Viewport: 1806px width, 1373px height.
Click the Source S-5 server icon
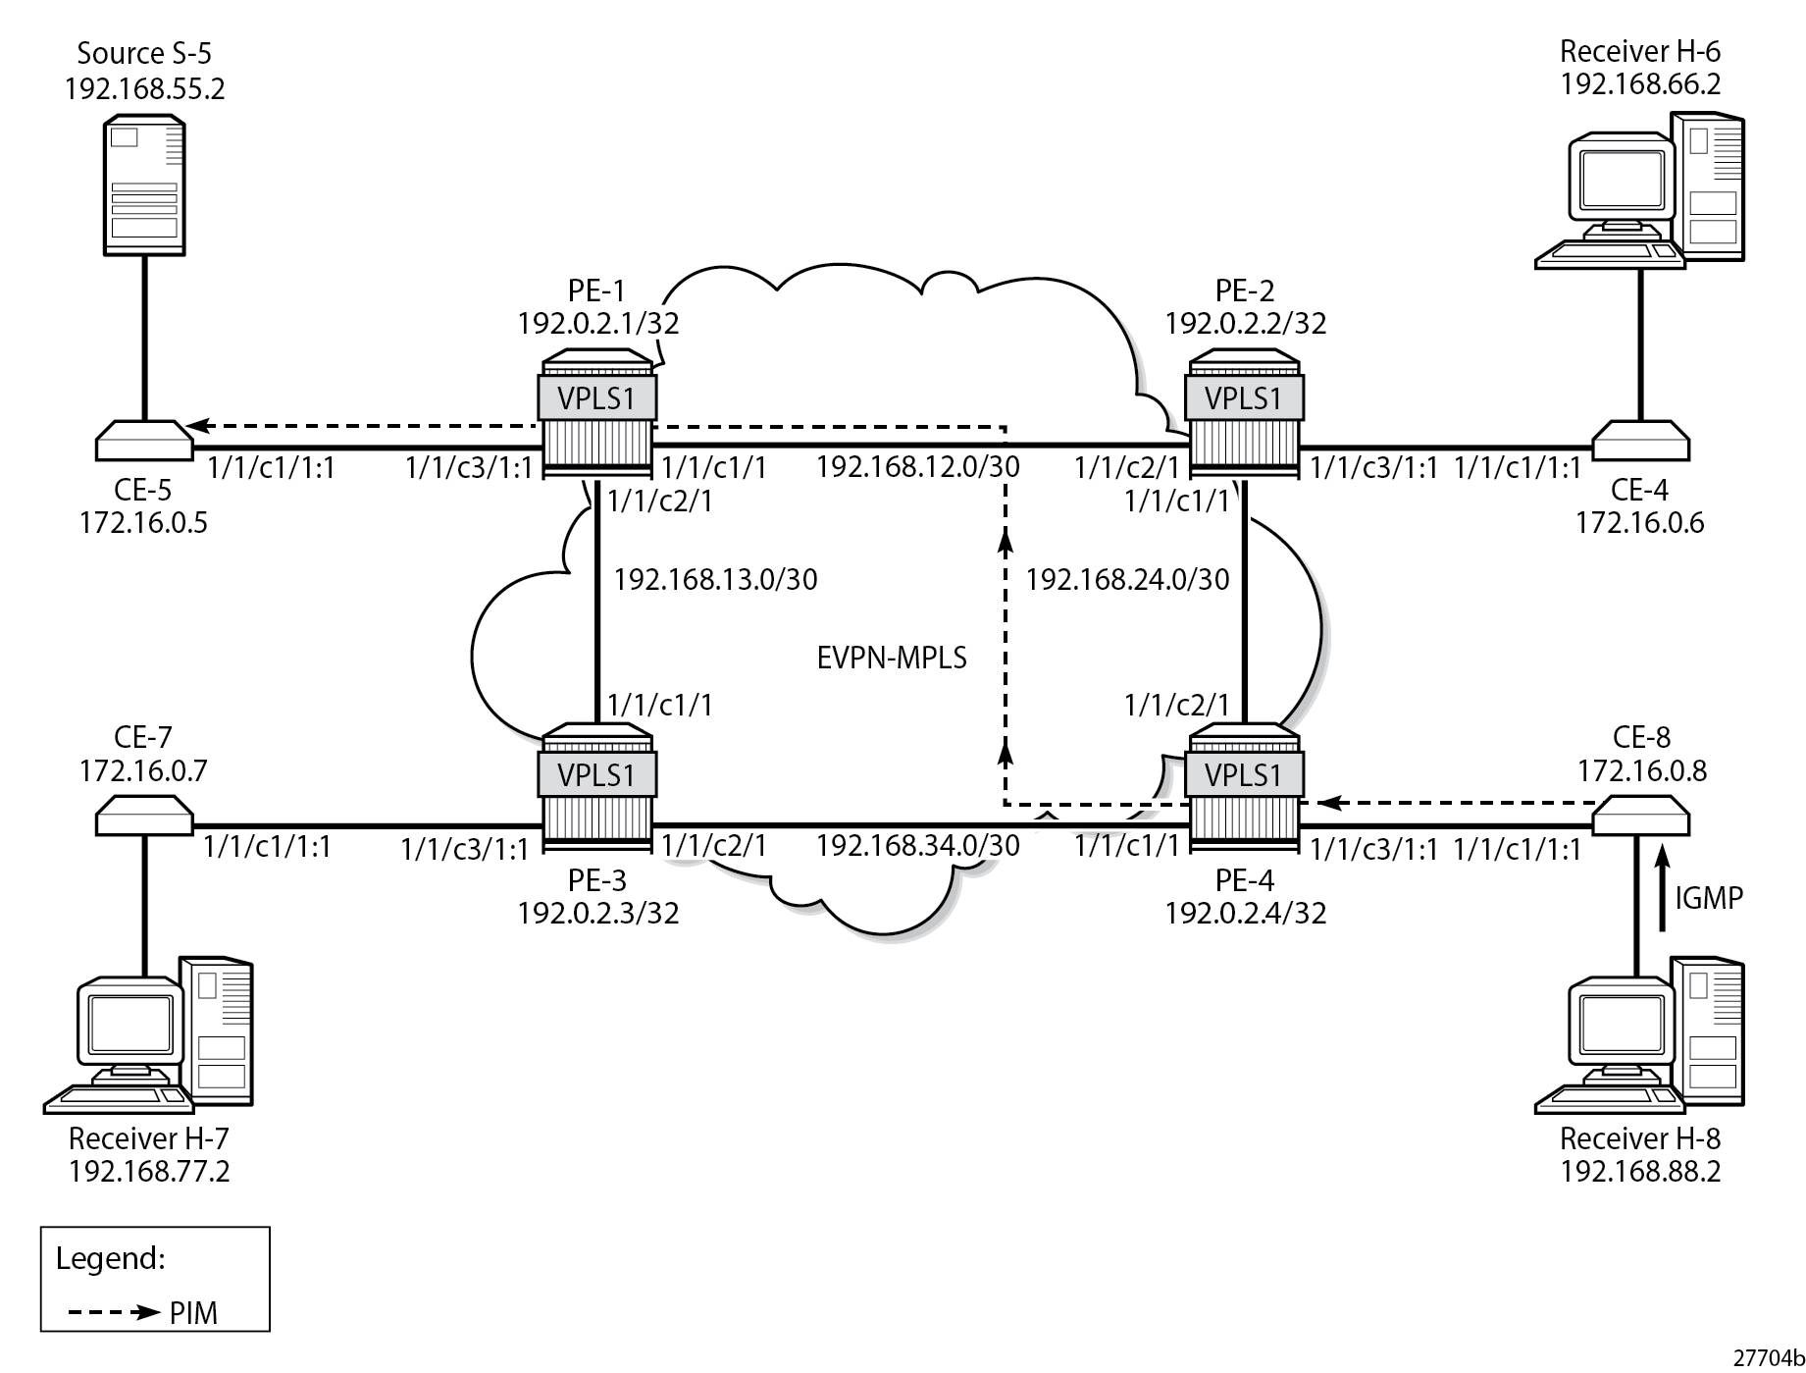[144, 185]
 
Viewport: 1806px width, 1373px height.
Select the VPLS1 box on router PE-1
[596, 398]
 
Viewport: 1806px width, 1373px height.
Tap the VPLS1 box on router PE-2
[1244, 398]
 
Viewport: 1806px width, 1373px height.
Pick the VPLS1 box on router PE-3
[596, 775]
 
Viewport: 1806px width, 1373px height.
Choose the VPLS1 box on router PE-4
[1244, 775]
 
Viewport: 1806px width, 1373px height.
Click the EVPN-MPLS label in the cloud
[892, 658]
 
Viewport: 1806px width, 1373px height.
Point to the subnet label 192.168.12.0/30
[918, 467]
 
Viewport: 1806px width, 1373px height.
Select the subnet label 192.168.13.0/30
[715, 580]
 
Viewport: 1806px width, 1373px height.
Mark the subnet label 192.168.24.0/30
[1127, 580]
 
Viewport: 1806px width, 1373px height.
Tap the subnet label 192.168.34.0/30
[918, 845]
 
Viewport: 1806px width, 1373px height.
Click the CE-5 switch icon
[144, 441]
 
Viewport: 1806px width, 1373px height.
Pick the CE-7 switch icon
[144, 815]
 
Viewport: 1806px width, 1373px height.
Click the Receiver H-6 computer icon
[1640, 191]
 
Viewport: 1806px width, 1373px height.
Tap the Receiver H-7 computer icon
[149, 1035]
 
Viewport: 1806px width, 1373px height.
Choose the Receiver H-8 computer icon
[1640, 1035]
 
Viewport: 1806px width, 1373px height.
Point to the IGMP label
[1709, 897]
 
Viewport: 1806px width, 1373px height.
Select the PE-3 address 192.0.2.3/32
[598, 914]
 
